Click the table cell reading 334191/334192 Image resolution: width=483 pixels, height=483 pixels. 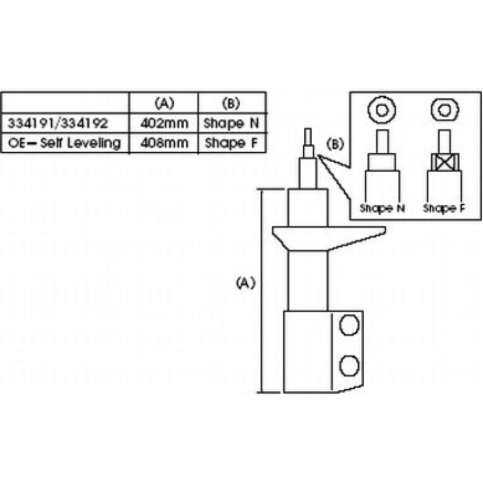click(x=58, y=124)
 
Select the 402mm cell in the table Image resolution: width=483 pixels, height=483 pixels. click(x=164, y=124)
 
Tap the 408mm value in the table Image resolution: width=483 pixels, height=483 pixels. click(x=164, y=143)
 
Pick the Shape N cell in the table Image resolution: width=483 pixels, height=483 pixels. click(x=231, y=124)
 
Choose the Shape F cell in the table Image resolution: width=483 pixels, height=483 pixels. click(x=231, y=143)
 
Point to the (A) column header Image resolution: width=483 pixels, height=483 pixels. click(x=164, y=103)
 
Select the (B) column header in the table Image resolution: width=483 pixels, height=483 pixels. click(x=231, y=103)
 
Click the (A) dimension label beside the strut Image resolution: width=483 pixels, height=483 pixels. click(x=246, y=283)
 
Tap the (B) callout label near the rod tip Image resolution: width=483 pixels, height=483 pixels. click(x=335, y=144)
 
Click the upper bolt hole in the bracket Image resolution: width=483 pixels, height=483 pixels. click(x=349, y=325)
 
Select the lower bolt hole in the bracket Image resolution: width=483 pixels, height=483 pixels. click(x=349, y=366)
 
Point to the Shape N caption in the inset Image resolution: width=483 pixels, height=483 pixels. click(x=382, y=208)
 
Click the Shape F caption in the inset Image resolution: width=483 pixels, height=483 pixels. click(x=444, y=208)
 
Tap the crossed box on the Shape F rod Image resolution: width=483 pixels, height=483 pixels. click(x=444, y=162)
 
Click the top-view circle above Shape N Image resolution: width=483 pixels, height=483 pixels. click(x=381, y=110)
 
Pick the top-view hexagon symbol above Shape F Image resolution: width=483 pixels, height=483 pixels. click(x=445, y=110)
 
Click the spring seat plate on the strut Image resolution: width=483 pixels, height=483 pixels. click(x=328, y=238)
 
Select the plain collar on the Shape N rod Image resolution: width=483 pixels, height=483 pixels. click(x=382, y=162)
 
